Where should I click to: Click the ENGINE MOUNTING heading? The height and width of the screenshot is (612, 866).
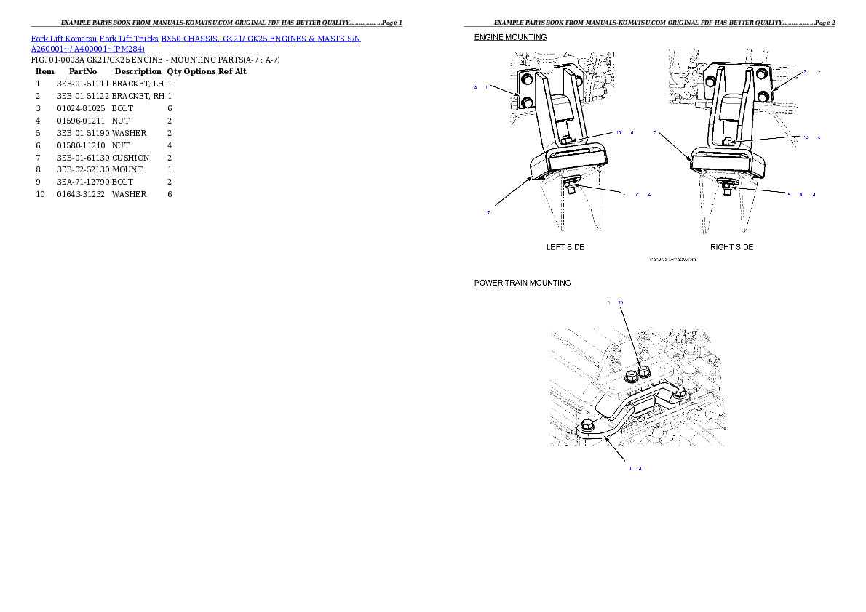click(510, 37)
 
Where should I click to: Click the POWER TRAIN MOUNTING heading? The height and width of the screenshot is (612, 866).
click(523, 283)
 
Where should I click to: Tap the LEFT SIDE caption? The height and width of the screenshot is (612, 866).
click(565, 247)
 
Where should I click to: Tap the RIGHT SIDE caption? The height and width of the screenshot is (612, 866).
click(731, 247)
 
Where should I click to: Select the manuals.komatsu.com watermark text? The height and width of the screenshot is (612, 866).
click(672, 259)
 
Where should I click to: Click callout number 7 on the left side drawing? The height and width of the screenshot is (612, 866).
click(488, 212)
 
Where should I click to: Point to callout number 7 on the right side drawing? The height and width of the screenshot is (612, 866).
click(655, 133)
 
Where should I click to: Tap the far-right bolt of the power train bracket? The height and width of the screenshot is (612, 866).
click(678, 393)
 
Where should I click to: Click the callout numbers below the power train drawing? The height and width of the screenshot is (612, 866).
click(635, 468)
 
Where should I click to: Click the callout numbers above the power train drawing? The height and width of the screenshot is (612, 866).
click(615, 302)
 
